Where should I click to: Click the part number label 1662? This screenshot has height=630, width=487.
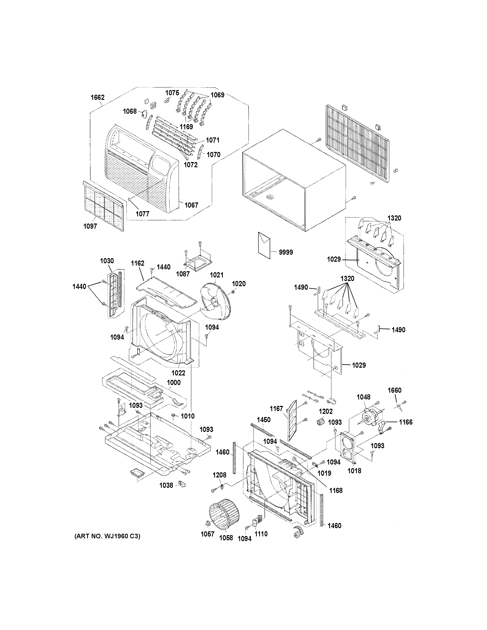(97, 97)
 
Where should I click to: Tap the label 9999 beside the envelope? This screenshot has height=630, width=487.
(286, 252)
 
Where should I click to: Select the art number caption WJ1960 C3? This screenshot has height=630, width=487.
(107, 536)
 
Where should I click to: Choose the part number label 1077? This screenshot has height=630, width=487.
(142, 214)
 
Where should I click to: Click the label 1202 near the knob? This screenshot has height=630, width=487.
(326, 412)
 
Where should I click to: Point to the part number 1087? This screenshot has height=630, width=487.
(183, 274)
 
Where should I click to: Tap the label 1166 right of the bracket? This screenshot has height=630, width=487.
(406, 422)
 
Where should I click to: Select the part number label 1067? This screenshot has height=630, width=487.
(191, 205)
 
